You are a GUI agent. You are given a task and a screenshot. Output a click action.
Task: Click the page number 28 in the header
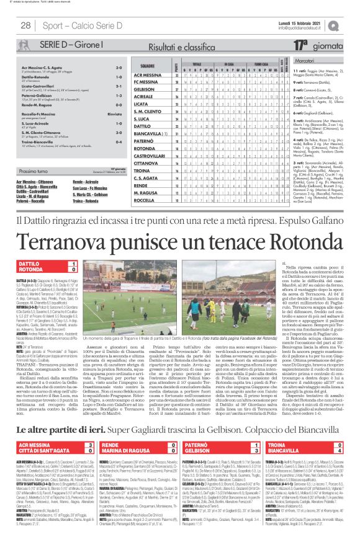tap(26, 25)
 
